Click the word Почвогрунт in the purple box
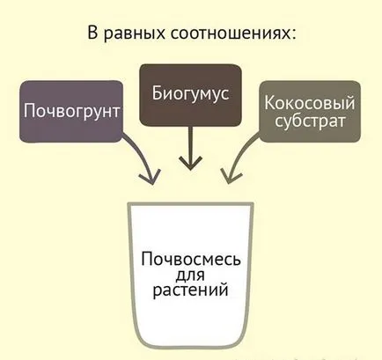click(72, 112)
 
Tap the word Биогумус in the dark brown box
click(190, 94)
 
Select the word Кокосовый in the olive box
click(310, 103)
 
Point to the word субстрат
click(310, 121)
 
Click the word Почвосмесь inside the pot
click(191, 259)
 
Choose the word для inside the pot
click(190, 276)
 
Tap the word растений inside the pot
click(190, 290)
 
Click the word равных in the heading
click(135, 34)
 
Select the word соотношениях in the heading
click(229, 33)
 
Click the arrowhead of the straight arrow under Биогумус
click(191, 164)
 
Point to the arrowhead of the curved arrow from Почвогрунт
click(151, 177)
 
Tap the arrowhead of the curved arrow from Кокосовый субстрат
click(230, 177)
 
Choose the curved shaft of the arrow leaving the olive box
click(240, 152)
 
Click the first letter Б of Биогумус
click(158, 92)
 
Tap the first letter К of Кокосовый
click(269, 103)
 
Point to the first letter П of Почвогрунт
click(29, 110)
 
